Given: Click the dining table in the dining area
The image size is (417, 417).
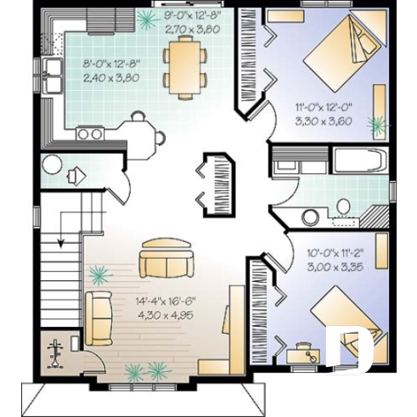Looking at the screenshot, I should pyautogui.click(x=184, y=65).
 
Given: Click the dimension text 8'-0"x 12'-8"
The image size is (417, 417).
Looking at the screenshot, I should pyautogui.click(x=110, y=64).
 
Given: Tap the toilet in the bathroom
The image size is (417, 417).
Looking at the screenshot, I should pyautogui.click(x=343, y=206).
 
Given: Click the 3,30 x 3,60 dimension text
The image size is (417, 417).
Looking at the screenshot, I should pyautogui.click(x=323, y=121).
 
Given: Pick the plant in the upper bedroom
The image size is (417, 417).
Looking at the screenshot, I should pyautogui.click(x=376, y=125).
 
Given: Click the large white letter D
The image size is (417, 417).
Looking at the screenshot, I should pyautogui.click(x=351, y=348).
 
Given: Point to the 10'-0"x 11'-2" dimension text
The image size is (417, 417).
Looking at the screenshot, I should pyautogui.click(x=335, y=253).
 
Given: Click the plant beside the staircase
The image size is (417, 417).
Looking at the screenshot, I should pyautogui.click(x=100, y=273).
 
